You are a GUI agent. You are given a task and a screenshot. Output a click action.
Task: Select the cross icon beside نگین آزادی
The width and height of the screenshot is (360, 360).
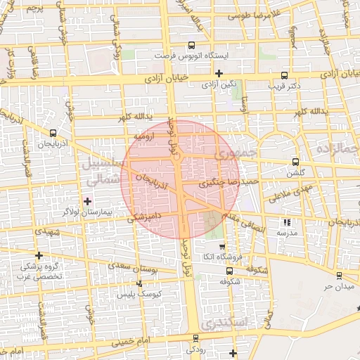(219, 73)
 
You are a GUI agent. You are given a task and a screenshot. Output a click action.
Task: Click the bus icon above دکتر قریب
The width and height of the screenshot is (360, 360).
(284, 76)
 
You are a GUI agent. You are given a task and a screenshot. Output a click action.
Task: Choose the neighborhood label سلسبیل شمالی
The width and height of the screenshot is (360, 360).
(103, 171)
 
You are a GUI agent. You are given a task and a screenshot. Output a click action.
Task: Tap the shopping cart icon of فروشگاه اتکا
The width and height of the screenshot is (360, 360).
(223, 247)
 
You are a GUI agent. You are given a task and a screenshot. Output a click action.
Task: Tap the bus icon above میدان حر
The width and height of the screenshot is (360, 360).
(340, 276)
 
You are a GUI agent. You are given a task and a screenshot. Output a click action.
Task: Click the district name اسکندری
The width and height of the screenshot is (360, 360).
(221, 323)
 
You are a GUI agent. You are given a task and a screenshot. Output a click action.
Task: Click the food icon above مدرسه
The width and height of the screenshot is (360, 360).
(285, 222)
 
